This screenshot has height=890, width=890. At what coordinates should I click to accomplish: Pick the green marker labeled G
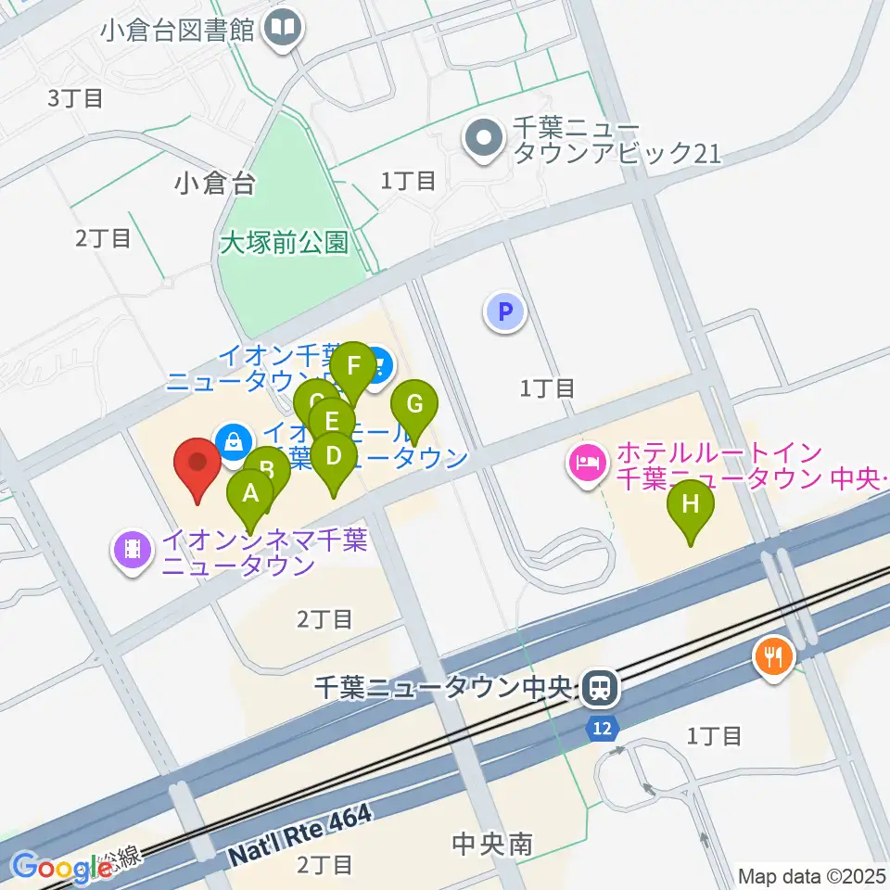(x=414, y=405)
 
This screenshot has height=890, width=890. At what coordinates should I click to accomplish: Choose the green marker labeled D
(x=333, y=456)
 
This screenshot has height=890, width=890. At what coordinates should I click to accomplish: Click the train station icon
(x=600, y=688)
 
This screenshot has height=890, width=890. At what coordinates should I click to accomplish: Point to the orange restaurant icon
(x=772, y=657)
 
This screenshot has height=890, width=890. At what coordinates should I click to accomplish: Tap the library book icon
(x=283, y=28)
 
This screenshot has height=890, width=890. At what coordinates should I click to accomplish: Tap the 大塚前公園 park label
(x=285, y=244)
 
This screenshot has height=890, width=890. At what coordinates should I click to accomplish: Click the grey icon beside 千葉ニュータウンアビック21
(x=482, y=142)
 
